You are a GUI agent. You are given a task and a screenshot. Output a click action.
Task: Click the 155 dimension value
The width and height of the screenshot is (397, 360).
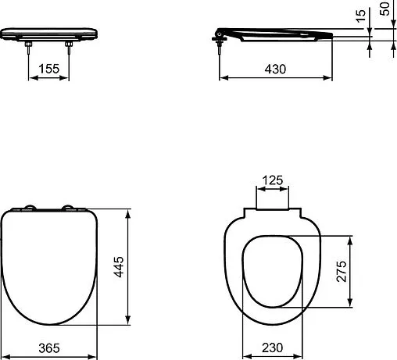(49, 69)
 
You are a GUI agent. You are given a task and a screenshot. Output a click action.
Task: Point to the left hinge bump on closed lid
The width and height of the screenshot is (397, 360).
(30, 208)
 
